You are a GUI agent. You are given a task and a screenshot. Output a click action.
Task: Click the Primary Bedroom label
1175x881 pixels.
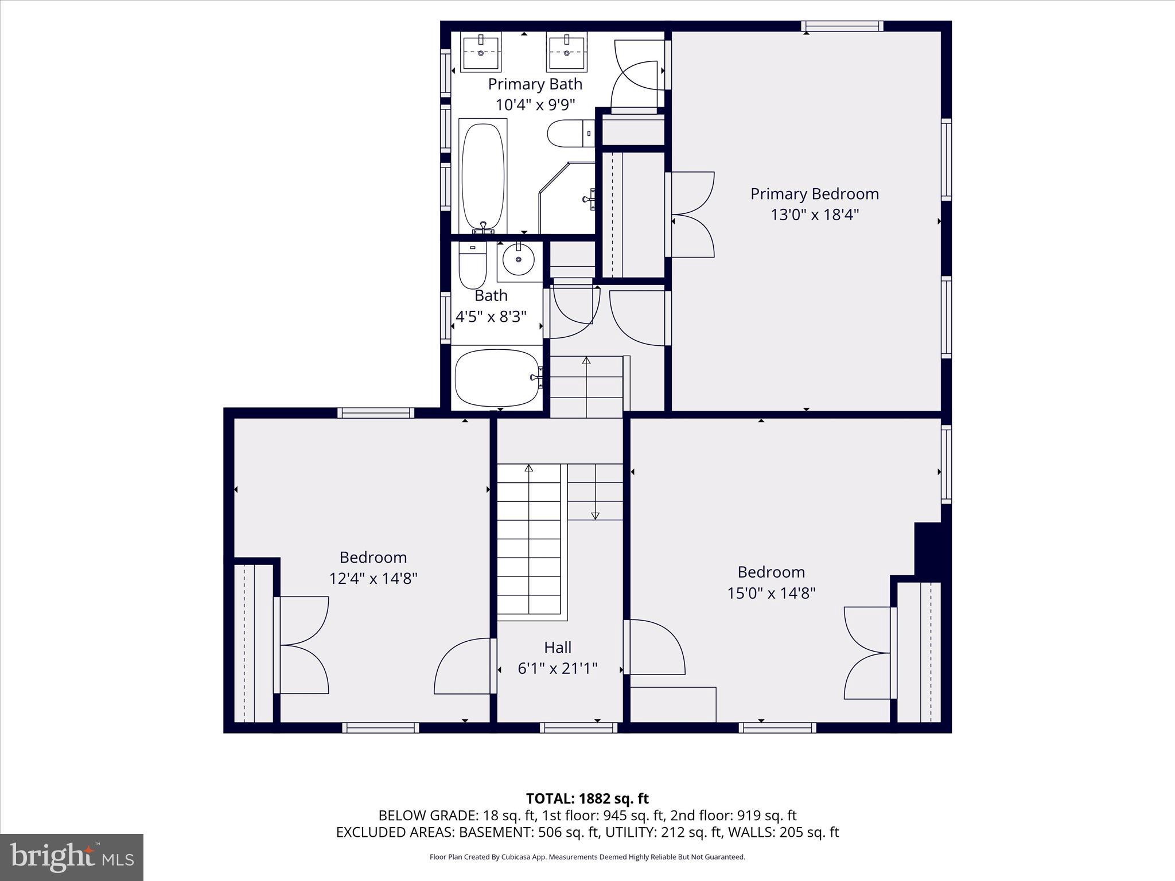814,194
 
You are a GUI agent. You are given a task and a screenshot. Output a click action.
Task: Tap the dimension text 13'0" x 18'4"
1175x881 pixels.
814,215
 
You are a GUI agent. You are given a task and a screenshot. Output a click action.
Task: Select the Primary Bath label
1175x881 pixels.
535,84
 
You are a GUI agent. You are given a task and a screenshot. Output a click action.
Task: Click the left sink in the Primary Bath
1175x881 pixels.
481,52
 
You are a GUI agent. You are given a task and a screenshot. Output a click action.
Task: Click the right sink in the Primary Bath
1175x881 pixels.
567,52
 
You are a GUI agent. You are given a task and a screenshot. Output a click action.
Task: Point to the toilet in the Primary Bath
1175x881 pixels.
570,134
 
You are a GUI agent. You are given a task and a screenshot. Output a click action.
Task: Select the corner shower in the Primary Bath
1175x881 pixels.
567,198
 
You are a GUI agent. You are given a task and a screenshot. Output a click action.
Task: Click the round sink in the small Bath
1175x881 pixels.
519,259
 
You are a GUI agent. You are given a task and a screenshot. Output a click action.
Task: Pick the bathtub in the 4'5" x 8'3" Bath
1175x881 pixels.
497,377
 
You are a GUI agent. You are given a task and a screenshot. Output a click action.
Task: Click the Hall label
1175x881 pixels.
557,648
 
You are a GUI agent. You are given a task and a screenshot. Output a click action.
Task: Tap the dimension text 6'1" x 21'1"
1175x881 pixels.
557,669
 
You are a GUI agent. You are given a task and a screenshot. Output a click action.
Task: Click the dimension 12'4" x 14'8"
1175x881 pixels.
373,578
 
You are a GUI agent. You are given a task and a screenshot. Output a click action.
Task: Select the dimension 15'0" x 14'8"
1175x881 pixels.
771,593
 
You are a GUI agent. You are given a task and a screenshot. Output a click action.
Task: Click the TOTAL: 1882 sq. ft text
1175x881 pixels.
587,798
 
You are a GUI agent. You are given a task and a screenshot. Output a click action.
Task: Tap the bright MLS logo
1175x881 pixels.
72,857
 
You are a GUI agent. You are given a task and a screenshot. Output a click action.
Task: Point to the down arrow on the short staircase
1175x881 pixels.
595,514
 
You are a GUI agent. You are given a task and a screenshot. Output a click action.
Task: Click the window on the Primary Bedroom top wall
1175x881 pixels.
842,26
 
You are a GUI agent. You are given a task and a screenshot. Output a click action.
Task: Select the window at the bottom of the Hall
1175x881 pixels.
578,728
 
